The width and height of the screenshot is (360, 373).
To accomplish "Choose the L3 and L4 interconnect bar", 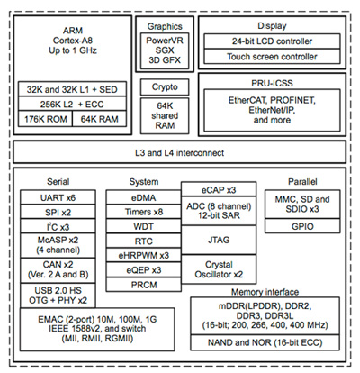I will point(180,149).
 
